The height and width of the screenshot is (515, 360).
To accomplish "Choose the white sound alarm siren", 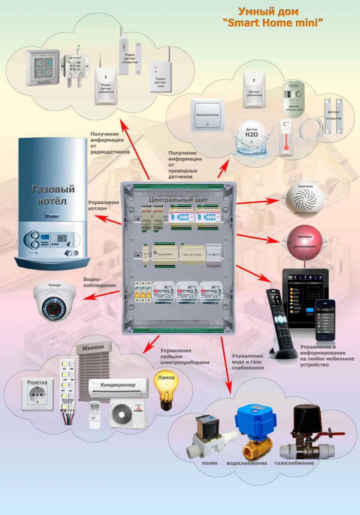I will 305,200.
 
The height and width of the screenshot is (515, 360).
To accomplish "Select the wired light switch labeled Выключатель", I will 208,115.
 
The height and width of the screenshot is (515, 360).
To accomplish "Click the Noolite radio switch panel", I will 42,68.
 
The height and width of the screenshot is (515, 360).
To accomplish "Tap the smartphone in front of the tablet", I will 325,319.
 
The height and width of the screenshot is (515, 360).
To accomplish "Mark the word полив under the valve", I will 209,463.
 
